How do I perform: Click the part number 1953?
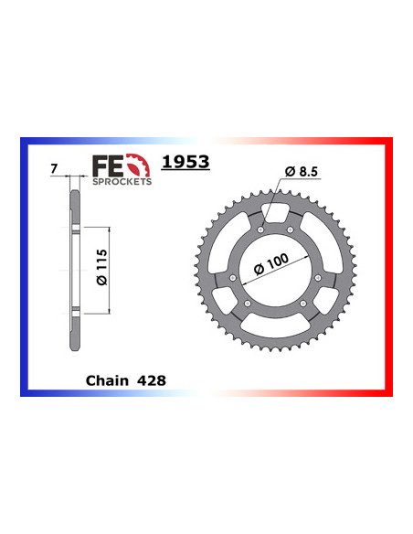click(185, 162)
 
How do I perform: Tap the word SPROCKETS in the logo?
click(122, 182)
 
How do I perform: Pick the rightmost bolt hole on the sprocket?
click(317, 277)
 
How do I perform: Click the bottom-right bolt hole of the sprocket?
click(302, 304)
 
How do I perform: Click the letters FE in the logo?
click(108, 165)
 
